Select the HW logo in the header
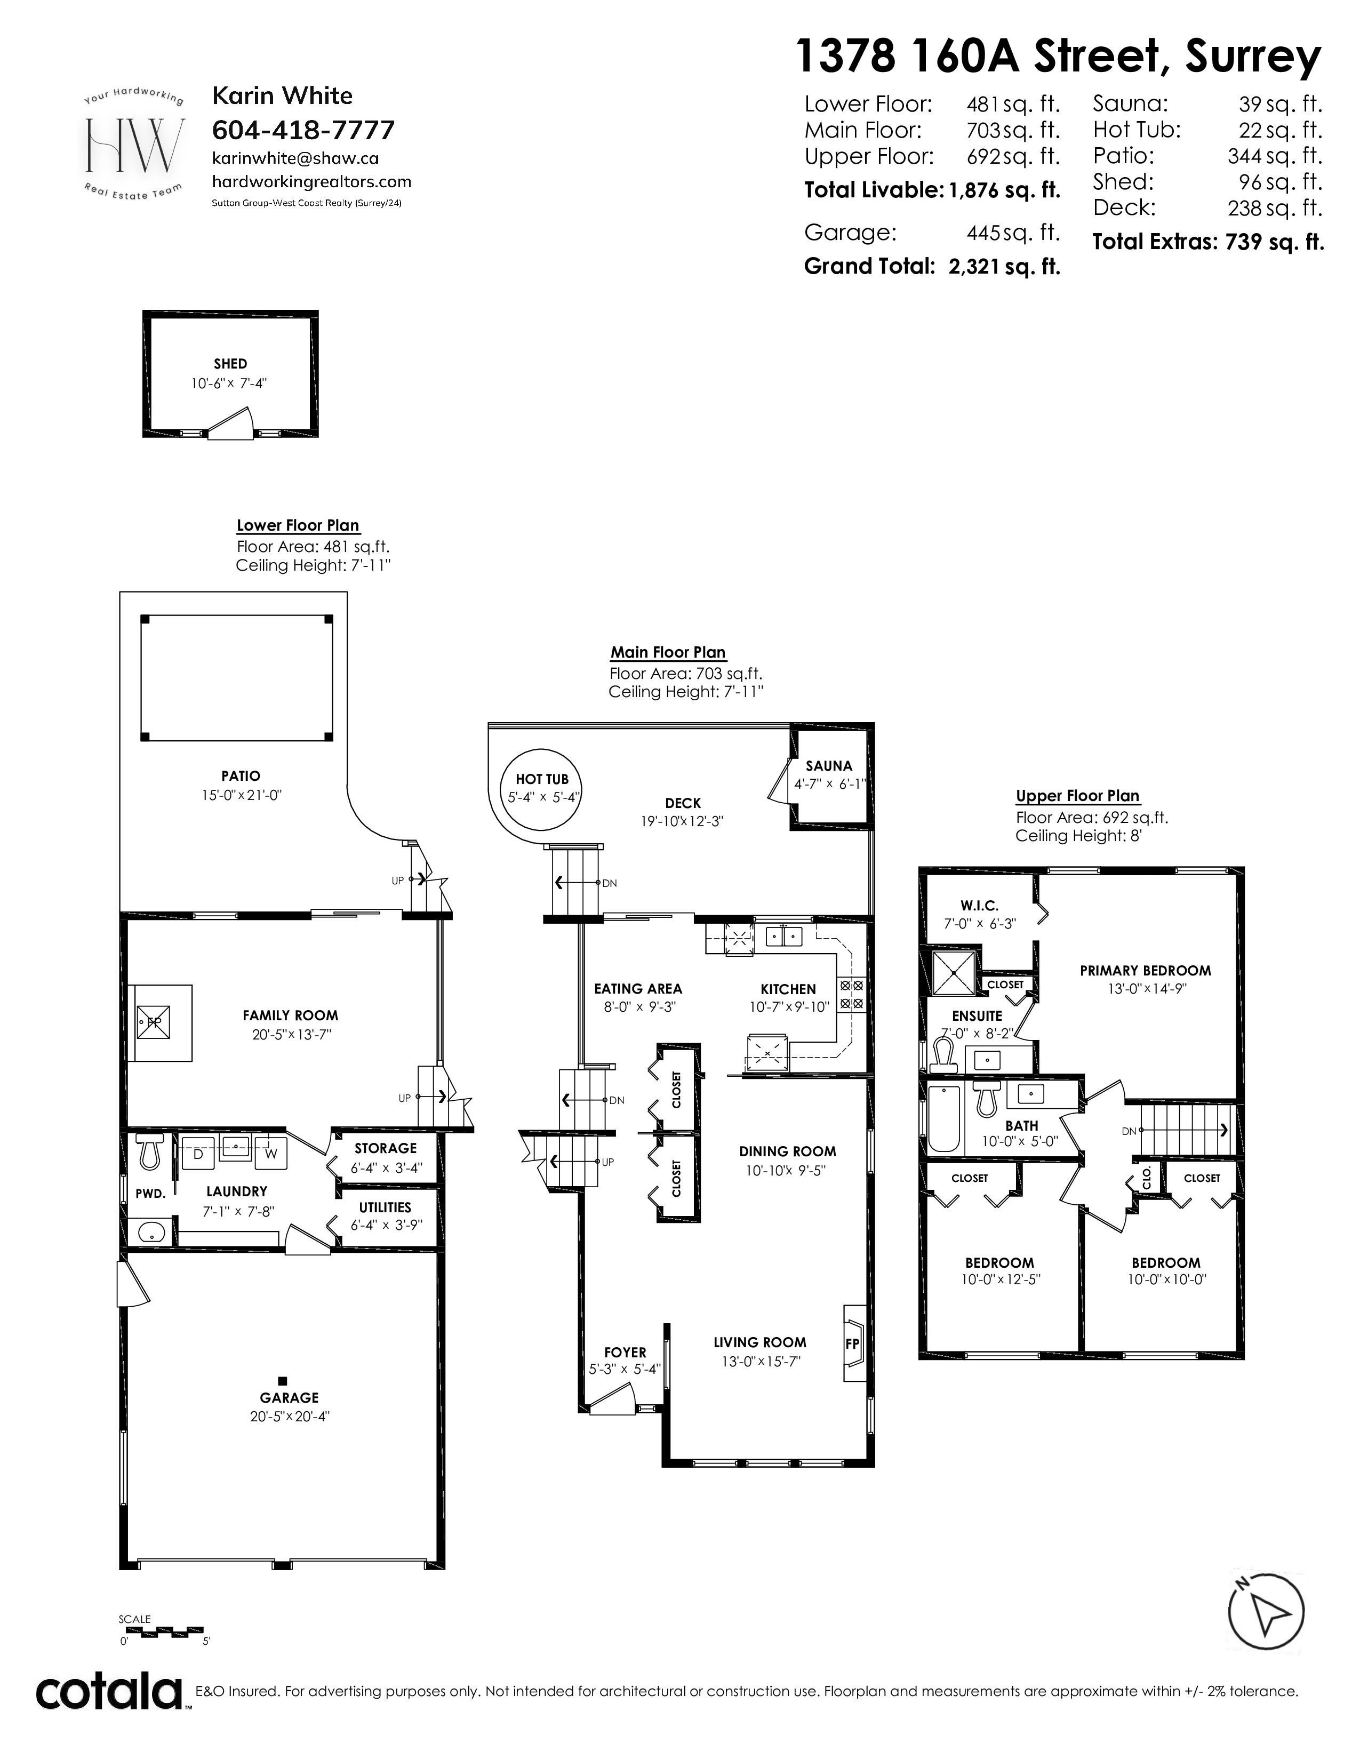[134, 143]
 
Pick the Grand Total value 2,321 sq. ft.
[1005, 266]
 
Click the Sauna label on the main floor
[828, 765]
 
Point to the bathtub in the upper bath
[944, 1119]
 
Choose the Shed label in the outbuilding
[230, 363]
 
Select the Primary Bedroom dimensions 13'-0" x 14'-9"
[1145, 989]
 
